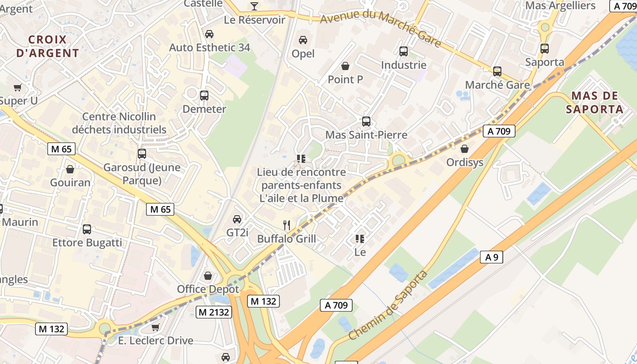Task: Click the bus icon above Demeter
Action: click(204, 96)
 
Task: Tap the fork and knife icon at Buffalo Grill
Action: click(287, 225)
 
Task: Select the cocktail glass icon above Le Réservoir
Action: click(254, 6)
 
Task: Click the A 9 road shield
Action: click(491, 257)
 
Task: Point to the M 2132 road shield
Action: click(214, 312)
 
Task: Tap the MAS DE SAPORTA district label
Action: click(594, 102)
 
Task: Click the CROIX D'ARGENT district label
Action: click(48, 46)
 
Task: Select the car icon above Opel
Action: click(303, 40)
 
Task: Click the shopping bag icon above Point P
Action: click(345, 66)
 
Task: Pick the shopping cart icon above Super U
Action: click(18, 87)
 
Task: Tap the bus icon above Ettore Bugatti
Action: click(87, 229)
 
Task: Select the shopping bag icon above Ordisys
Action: click(465, 149)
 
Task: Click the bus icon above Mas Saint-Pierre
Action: click(366, 121)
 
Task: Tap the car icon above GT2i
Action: click(237, 219)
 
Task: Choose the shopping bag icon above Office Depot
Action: click(208, 276)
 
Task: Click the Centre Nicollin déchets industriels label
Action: click(119, 123)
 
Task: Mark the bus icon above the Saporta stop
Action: click(545, 49)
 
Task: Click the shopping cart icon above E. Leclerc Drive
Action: click(156, 327)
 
